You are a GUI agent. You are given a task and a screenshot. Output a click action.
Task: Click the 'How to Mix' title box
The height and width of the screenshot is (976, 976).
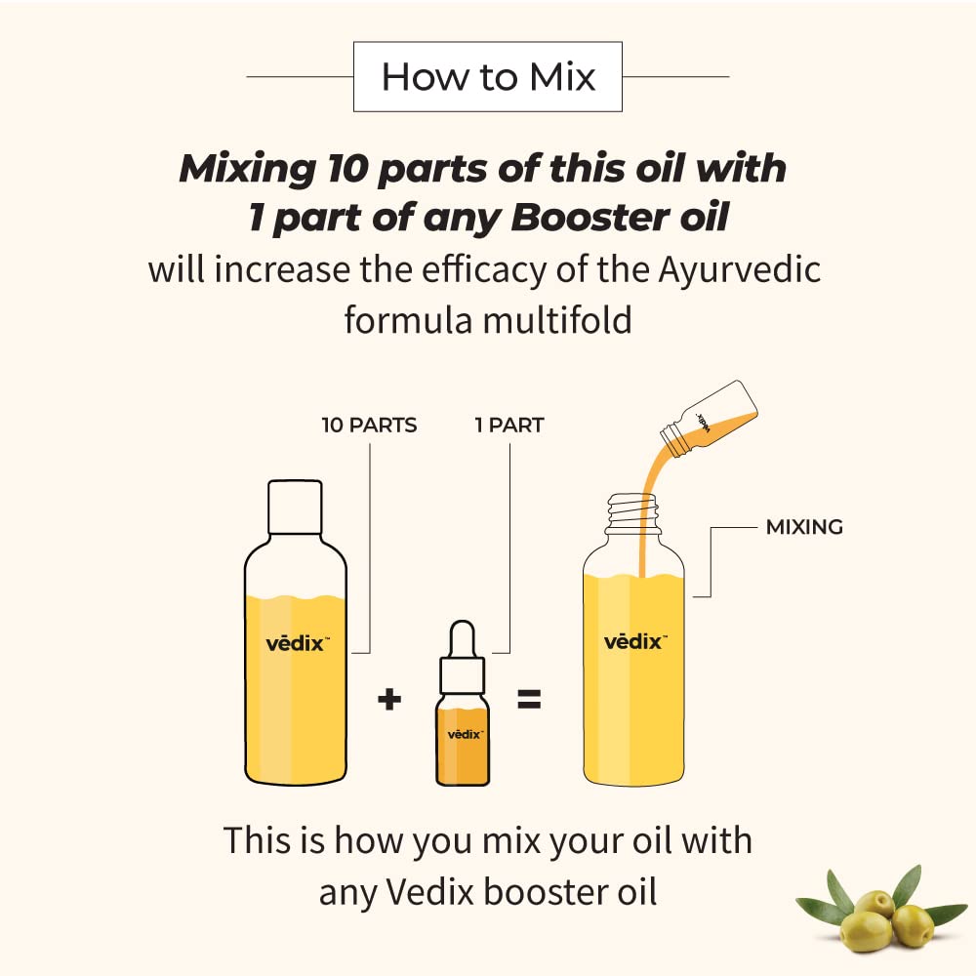pyautogui.click(x=487, y=76)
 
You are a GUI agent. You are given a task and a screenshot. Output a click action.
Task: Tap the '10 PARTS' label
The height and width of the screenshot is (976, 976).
pyautogui.click(x=369, y=426)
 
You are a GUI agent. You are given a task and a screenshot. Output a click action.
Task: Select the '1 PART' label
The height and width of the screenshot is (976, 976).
pyautogui.click(x=508, y=426)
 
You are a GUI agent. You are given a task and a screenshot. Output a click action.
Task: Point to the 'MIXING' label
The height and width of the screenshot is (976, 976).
pyautogui.click(x=804, y=528)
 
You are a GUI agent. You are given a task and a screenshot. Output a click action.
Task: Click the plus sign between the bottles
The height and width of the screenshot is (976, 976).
pyautogui.click(x=389, y=699)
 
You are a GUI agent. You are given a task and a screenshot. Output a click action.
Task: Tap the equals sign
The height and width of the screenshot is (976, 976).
pyautogui.click(x=529, y=699)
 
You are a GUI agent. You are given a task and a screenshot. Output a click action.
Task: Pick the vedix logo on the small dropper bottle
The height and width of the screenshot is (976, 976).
pyautogui.click(x=465, y=734)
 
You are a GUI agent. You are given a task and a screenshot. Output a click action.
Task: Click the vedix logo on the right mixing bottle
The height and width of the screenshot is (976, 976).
pyautogui.click(x=634, y=642)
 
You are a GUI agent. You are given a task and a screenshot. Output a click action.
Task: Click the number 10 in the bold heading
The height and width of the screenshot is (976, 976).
pyautogui.click(x=338, y=169)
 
